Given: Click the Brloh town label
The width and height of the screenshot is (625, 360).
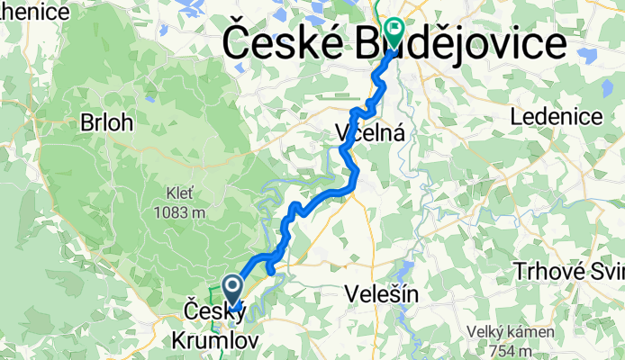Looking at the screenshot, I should tap(106, 121).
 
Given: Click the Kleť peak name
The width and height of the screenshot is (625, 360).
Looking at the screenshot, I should tap(179, 193).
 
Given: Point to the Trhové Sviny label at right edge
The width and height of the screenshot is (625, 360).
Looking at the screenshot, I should tap(567, 271).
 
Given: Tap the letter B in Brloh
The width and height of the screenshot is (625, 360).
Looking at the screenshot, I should tap(86, 121).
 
